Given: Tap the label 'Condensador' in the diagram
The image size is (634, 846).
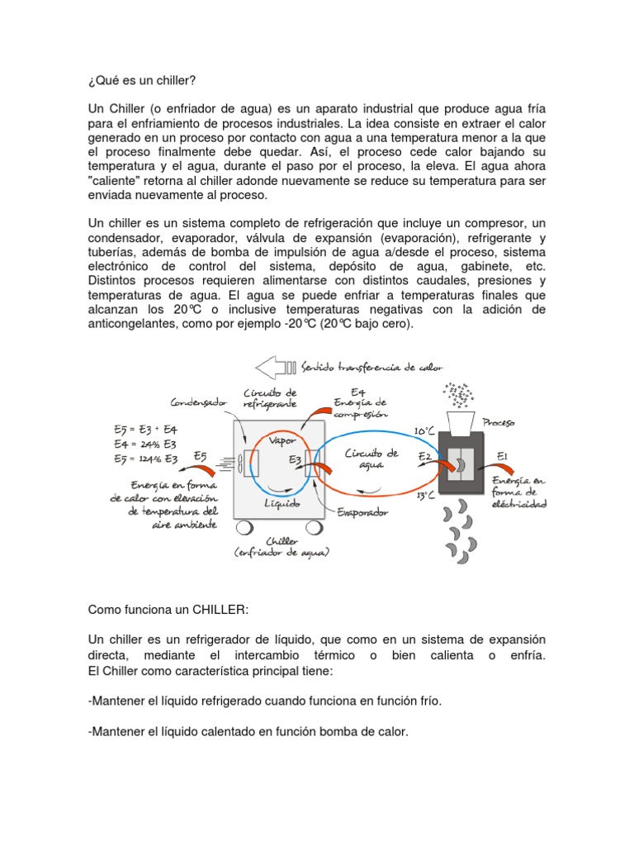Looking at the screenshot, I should tap(198, 403).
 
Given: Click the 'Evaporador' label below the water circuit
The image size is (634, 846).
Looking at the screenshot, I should tap(362, 512).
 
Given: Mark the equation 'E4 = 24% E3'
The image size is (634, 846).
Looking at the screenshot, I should tap(145, 444).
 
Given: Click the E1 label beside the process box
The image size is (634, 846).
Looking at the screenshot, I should tap(503, 455).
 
